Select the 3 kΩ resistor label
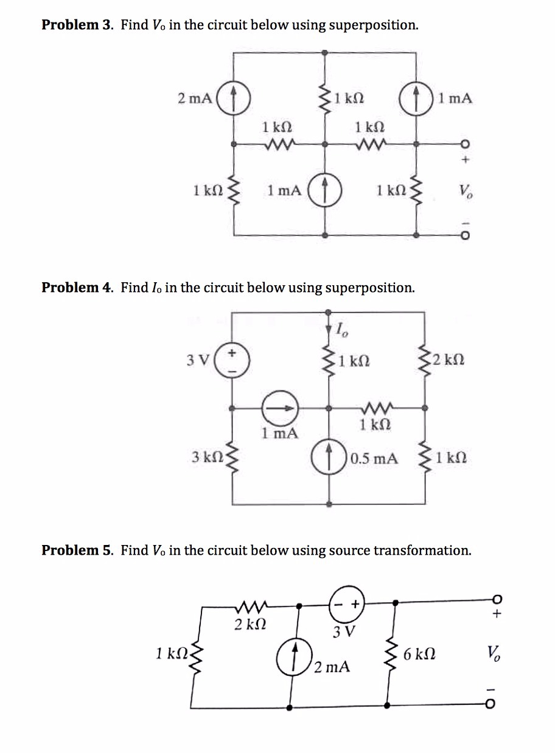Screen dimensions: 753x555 (x=203, y=457)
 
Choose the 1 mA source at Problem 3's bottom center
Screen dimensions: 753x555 (x=326, y=190)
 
